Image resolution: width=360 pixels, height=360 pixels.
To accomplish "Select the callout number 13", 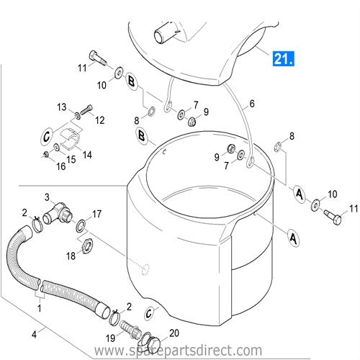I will pos(62,107).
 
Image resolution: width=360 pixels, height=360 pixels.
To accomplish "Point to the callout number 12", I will pos(99,120).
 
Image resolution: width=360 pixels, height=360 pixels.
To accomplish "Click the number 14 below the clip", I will pos(87,154).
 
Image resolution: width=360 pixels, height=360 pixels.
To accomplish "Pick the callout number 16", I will pos(61,166).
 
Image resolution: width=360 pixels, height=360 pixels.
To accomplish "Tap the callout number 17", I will pos(96,213).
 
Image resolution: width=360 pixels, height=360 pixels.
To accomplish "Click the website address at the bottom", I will pos(179,351).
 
